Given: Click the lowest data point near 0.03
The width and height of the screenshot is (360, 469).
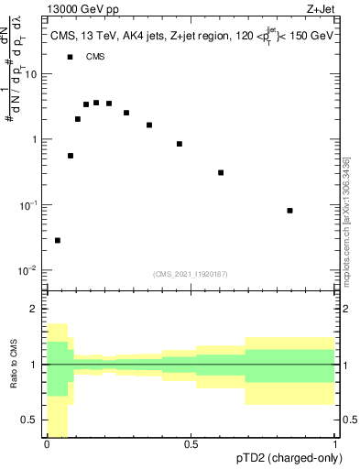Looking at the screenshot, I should click(x=58, y=240).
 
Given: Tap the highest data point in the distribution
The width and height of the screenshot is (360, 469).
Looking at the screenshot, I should click(x=96, y=103).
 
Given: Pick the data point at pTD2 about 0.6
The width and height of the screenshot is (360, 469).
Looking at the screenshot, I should click(x=221, y=172).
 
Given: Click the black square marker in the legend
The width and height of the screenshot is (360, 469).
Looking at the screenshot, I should click(x=70, y=57).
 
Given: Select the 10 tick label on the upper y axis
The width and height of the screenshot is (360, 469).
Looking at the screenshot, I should click(x=31, y=75).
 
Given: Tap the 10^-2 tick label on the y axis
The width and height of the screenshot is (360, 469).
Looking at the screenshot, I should click(x=27, y=270).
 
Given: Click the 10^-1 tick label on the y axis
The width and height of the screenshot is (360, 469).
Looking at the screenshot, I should click(x=27, y=205).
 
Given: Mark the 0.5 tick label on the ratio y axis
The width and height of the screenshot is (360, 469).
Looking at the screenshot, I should click(x=30, y=420).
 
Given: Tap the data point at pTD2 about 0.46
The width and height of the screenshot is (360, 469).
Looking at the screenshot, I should click(x=180, y=144).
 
